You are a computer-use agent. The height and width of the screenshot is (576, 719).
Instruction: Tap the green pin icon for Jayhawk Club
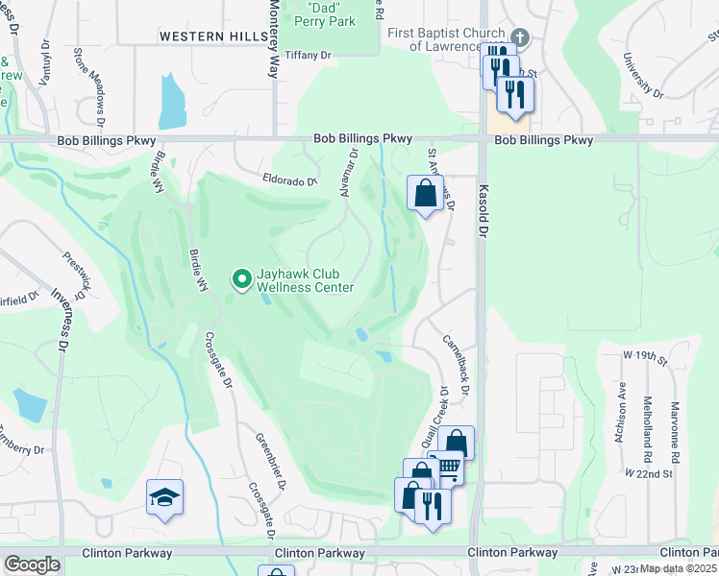[242, 279]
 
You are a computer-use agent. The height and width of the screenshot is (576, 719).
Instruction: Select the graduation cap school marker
[164, 497]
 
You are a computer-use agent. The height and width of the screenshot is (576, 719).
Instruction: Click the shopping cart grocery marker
[448, 469]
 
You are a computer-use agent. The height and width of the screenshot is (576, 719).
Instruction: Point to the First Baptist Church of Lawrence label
[446, 39]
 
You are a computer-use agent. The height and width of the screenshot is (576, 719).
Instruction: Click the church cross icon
[519, 37]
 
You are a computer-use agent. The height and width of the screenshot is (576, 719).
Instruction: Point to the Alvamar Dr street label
[349, 173]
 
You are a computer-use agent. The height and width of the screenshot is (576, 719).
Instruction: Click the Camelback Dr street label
[456, 364]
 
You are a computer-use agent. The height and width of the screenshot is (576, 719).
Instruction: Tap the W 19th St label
[645, 356]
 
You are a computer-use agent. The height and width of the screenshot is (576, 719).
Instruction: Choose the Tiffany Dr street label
[311, 56]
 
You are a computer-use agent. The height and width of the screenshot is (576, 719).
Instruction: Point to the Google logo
[32, 564]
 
